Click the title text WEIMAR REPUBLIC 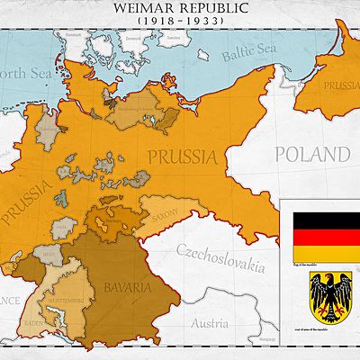[x=180, y=7]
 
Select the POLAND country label [x=313, y=154]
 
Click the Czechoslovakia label [x=220, y=256]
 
